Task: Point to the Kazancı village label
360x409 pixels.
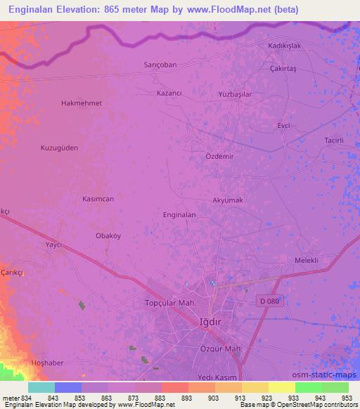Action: [x=169, y=93]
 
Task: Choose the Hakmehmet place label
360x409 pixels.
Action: [x=82, y=103]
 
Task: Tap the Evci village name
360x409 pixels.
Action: [x=283, y=125]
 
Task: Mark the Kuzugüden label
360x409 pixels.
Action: [x=59, y=148]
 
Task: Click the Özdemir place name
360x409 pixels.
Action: [x=219, y=156]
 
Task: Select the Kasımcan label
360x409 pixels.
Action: [x=98, y=199]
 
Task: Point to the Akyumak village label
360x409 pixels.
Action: [x=228, y=200]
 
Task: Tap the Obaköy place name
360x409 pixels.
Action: [x=110, y=236]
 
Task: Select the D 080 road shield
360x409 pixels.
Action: [x=268, y=301]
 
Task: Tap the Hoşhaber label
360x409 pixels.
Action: [x=48, y=363]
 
